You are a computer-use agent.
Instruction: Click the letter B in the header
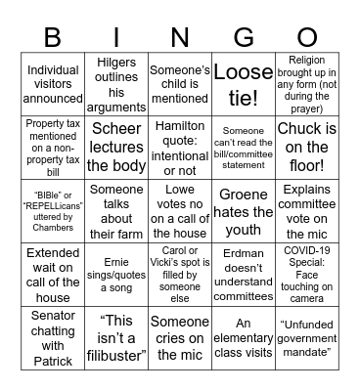[53, 37]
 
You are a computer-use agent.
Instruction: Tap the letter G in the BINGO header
[244, 37]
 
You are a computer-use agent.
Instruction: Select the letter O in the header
[307, 37]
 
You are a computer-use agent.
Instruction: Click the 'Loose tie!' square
[244, 83]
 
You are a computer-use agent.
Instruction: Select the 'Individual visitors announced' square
[53, 83]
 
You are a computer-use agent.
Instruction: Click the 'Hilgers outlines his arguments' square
[116, 83]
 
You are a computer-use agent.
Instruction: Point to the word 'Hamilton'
[180, 128]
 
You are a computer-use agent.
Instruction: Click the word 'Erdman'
[244, 248]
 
